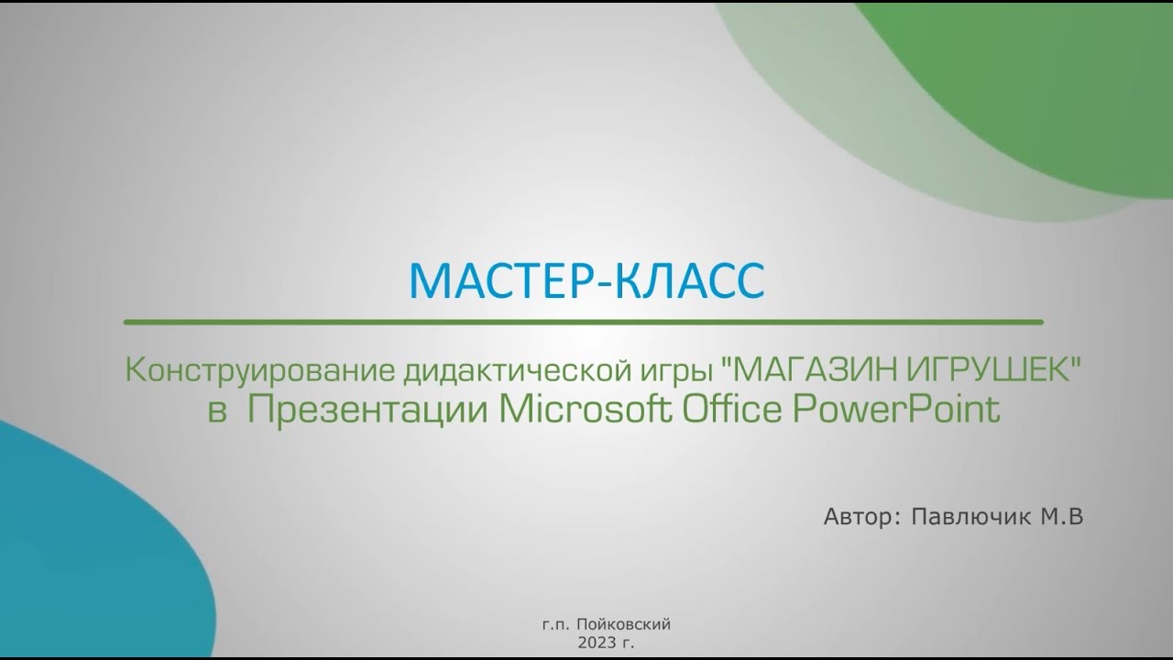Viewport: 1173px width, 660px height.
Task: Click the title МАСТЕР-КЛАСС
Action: click(586, 280)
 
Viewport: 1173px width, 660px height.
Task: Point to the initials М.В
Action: click(1061, 517)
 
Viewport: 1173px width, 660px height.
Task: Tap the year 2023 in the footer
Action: click(596, 643)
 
